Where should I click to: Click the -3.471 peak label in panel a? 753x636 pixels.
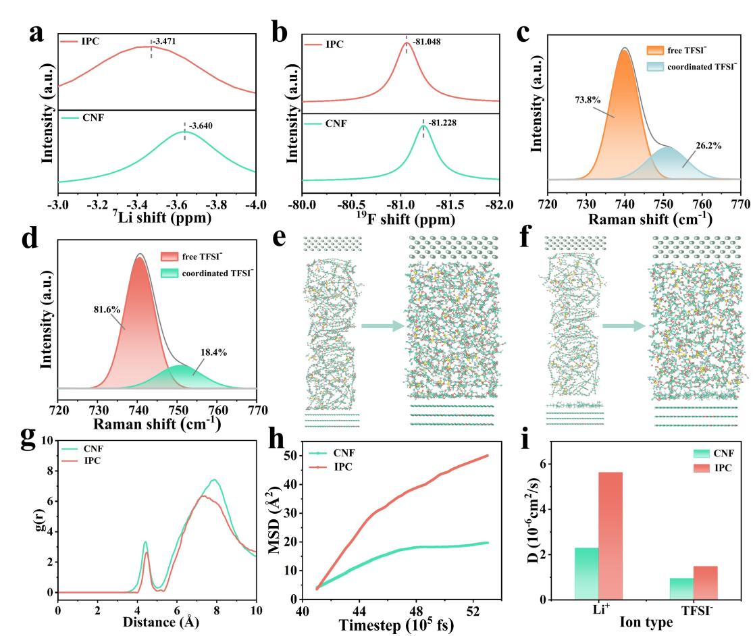pos(163,42)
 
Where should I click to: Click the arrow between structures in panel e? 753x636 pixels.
pos(382,327)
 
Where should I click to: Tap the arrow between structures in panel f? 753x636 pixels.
pos(622,327)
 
